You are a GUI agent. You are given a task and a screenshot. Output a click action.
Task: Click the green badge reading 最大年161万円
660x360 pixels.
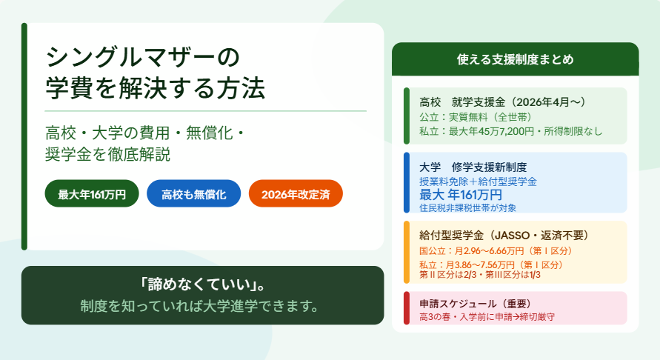click(x=92, y=193)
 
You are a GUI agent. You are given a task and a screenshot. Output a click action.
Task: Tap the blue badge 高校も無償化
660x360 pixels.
click(x=193, y=193)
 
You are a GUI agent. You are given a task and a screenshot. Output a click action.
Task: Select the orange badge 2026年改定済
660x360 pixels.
click(x=296, y=193)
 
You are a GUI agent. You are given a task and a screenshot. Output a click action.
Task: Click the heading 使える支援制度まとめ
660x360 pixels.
click(x=516, y=59)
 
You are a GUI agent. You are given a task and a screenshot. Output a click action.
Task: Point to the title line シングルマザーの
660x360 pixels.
click(x=142, y=57)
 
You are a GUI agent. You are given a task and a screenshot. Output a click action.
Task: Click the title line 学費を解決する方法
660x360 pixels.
click(x=156, y=88)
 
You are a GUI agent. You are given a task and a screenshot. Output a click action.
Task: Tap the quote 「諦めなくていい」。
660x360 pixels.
click(x=202, y=285)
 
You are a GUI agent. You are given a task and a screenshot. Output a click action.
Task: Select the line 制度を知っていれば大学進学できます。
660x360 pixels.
click(x=200, y=306)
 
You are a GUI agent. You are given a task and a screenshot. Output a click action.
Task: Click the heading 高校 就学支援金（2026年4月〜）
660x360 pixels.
click(x=502, y=102)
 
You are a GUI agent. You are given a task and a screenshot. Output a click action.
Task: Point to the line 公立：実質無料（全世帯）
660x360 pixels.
click(x=476, y=117)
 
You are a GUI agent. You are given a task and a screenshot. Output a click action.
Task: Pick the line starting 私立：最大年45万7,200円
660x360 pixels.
click(x=510, y=131)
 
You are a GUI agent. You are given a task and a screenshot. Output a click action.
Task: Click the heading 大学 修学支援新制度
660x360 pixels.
click(x=473, y=167)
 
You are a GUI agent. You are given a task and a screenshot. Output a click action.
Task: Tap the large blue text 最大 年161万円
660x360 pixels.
click(x=461, y=195)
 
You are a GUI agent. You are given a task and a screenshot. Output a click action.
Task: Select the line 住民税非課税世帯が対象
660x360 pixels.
click(x=467, y=207)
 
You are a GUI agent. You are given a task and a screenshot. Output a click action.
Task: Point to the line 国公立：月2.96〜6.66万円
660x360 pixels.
click(x=496, y=251)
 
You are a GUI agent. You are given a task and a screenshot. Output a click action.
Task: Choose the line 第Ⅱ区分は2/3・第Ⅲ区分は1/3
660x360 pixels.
click(x=480, y=275)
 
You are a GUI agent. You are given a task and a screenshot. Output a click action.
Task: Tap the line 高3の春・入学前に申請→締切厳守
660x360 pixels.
click(x=487, y=316)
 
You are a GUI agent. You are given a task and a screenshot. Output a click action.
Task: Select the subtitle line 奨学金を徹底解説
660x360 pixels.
click(x=107, y=155)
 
